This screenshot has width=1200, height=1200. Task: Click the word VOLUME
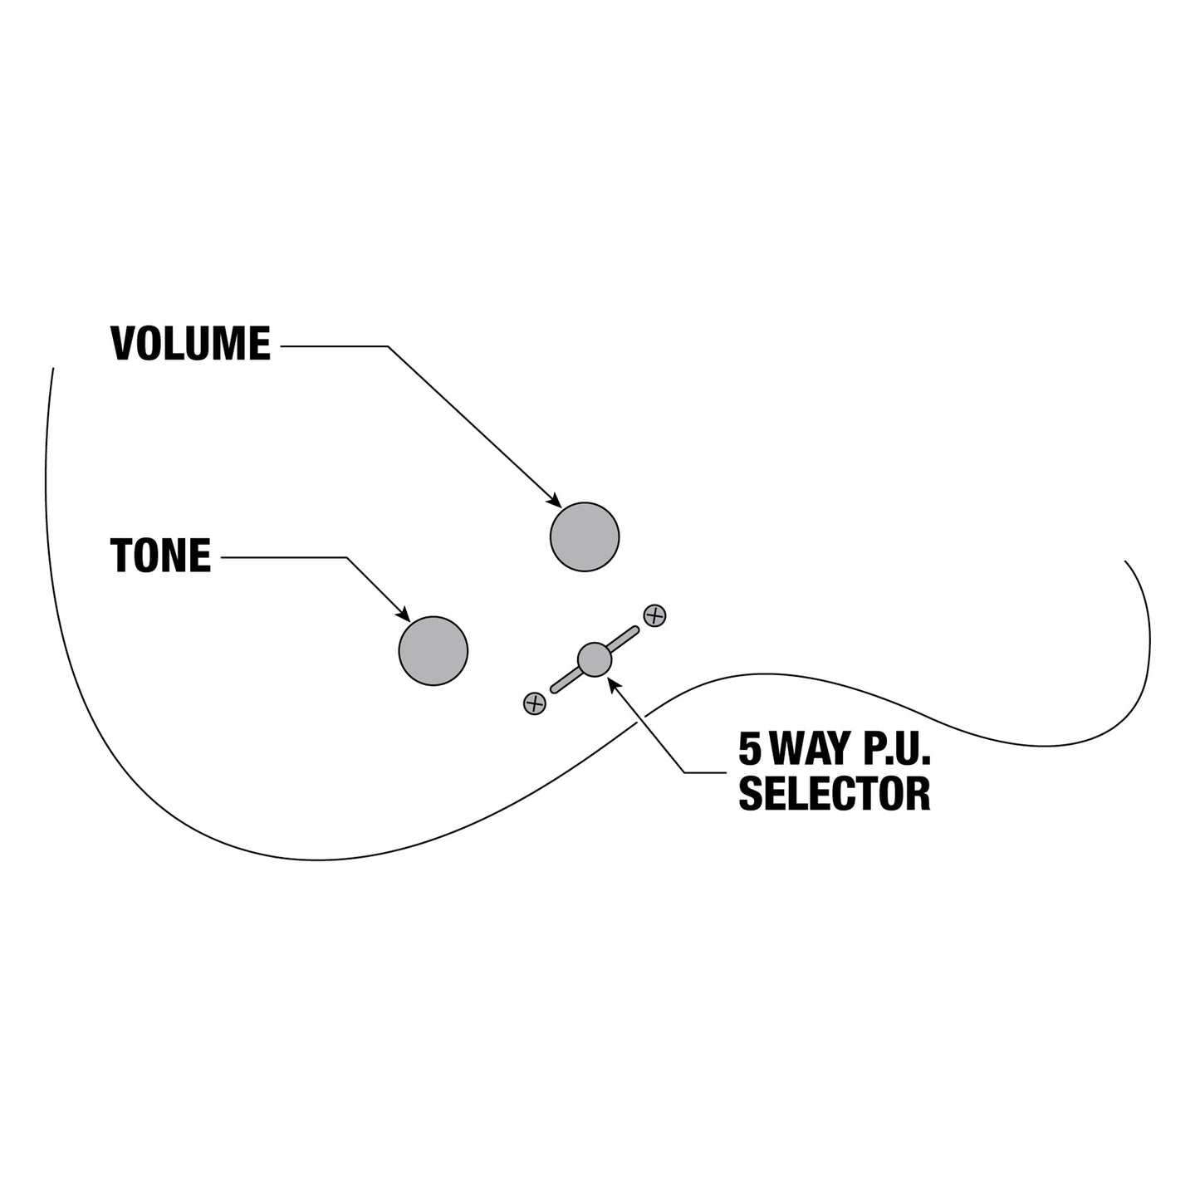point(190,343)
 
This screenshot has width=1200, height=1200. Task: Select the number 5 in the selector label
point(749,749)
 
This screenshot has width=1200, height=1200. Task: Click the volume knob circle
point(584,536)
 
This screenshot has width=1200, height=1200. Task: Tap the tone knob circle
point(433,651)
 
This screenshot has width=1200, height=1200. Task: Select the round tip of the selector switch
point(594,659)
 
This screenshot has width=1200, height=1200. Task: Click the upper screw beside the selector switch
point(654,616)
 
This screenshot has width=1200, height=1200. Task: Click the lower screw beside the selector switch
point(534,703)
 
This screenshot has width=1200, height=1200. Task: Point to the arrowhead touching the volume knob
point(554,500)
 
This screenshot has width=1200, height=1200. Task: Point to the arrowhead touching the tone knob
point(404,615)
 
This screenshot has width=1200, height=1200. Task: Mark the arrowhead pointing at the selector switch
point(614,685)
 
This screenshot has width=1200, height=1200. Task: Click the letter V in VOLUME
point(123,343)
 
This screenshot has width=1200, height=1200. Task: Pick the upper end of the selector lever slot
point(635,629)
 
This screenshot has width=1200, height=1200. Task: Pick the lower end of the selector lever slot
point(554,688)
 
